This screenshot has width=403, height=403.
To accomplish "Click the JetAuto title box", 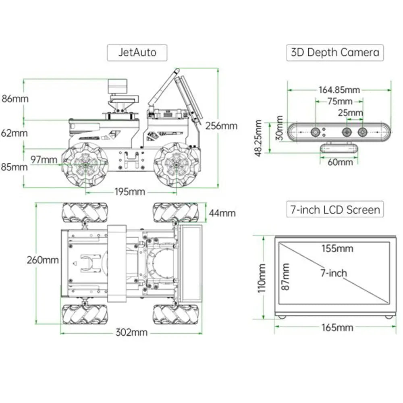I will (137, 52).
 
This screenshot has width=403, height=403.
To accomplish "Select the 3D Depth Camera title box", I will (335, 52).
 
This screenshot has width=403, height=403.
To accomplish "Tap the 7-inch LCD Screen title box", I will (335, 210).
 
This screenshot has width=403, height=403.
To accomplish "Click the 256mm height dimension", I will (221, 126).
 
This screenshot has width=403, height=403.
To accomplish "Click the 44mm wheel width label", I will (222, 212).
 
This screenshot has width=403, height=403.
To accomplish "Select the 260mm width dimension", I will (43, 260).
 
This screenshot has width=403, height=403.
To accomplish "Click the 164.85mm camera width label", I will (339, 89).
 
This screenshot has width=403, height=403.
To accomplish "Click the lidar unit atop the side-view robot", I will (118, 87).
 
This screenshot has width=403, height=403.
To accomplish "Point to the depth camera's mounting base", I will (339, 148).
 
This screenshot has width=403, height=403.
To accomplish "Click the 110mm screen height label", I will (262, 278).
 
